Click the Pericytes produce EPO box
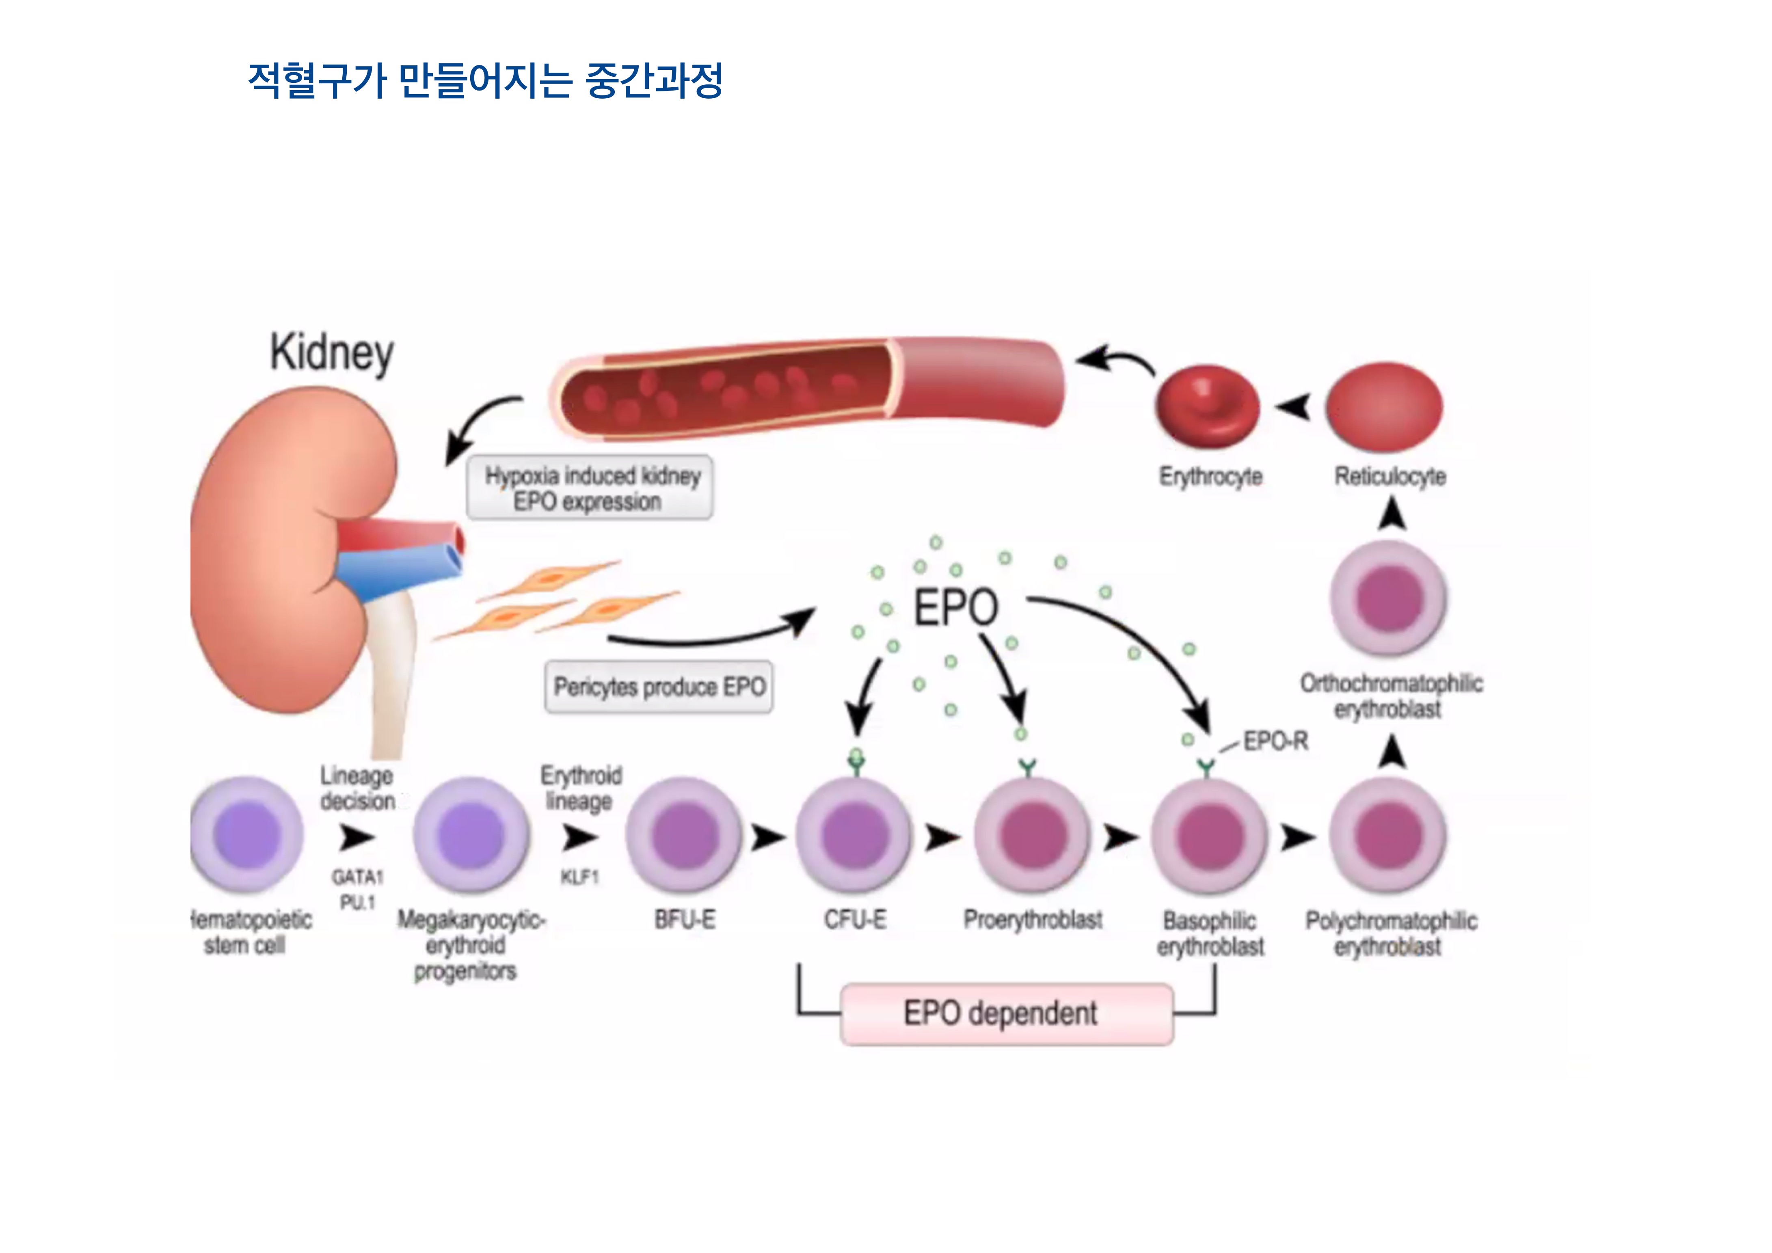(x=658, y=687)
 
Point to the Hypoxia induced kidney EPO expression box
(x=590, y=488)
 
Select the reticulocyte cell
(x=1385, y=406)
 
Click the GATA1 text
(x=357, y=877)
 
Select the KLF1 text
(x=579, y=877)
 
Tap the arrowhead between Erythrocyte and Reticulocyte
(x=1294, y=406)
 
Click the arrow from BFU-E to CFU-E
(x=767, y=836)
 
